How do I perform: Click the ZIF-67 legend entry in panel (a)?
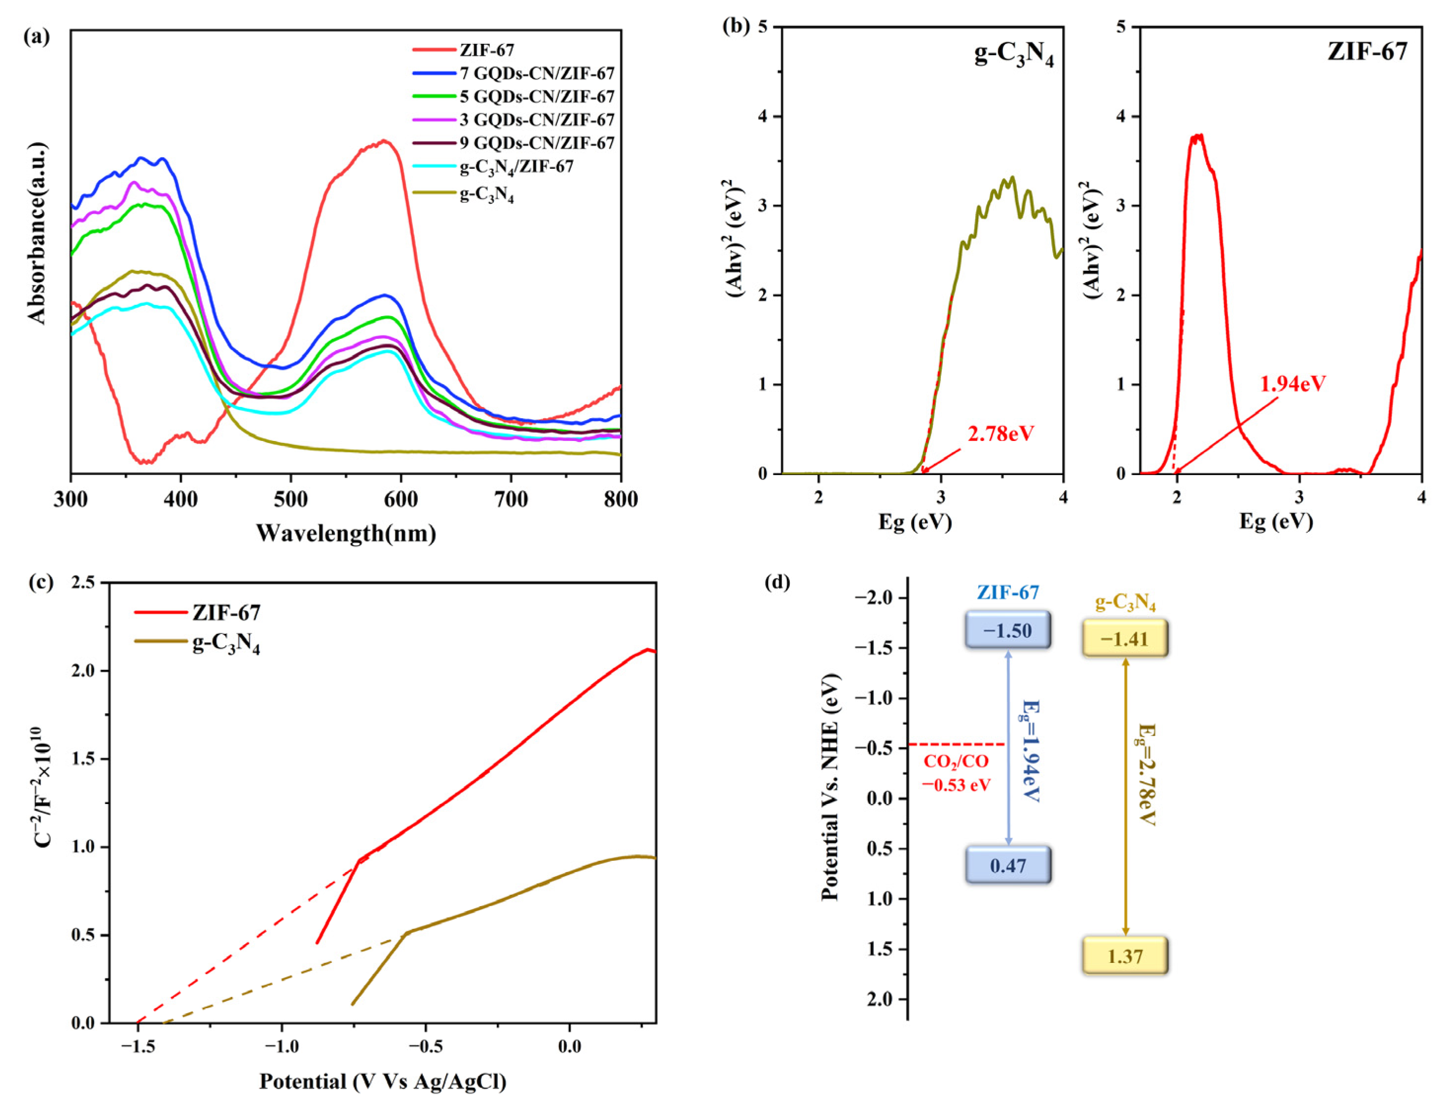[x=487, y=50]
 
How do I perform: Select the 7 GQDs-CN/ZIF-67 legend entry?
[x=537, y=73]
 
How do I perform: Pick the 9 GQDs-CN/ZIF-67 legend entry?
[x=537, y=143]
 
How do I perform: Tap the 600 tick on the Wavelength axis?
[x=401, y=499]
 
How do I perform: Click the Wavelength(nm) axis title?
[x=346, y=533]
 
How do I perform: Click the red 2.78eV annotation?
[x=1000, y=433]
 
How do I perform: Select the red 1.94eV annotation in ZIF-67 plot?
[x=1292, y=384]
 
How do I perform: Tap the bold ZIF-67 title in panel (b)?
[x=1367, y=51]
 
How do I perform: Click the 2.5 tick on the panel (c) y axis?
[x=84, y=583]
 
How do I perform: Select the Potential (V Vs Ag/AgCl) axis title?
[x=382, y=1081]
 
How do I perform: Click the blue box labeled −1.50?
[x=1007, y=630]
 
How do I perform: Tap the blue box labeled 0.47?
[x=1007, y=865]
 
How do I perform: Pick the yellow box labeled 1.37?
[x=1125, y=956]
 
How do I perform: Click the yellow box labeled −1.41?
[x=1125, y=638]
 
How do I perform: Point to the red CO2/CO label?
[x=956, y=762]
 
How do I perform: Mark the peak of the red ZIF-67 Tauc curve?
[x=1198, y=137]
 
